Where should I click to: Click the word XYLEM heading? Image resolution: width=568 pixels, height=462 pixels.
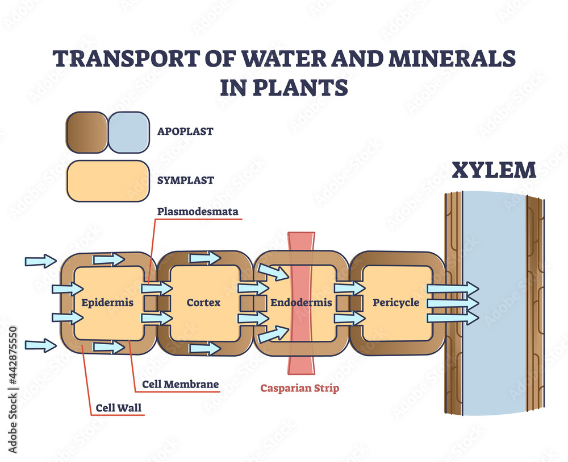coord(494,171)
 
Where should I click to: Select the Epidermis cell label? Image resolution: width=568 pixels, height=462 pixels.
coord(107,303)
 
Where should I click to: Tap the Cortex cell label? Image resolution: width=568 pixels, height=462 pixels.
coord(203,303)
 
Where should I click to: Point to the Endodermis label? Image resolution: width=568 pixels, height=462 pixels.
coord(300,303)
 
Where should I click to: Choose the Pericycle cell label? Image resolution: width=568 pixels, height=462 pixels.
coord(396,303)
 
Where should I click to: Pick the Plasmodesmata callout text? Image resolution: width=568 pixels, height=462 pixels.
coord(198,212)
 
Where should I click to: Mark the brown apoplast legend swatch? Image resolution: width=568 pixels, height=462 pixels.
coord(86,132)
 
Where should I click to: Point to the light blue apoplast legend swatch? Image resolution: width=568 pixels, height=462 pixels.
coord(128,132)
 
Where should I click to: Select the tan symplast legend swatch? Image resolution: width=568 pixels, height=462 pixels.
coord(108,181)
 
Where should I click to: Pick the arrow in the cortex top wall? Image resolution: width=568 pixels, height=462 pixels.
coord(205,258)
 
